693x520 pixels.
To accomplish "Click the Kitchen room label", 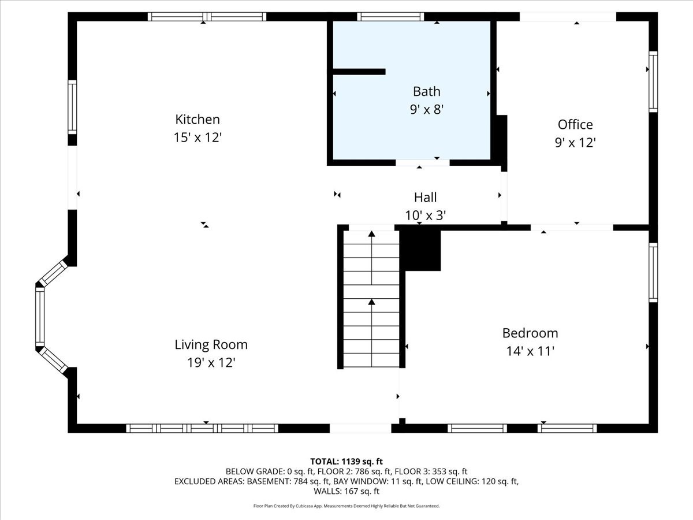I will (198, 120).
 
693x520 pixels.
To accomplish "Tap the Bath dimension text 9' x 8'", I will (426, 109).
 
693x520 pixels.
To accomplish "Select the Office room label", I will (575, 124).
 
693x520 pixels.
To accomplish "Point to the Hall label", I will (425, 197).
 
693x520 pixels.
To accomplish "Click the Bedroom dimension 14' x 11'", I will (530, 351).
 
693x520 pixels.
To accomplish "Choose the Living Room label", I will (211, 344).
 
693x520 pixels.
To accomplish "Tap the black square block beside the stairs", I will (421, 250).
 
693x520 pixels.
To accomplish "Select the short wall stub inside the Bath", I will (359, 72).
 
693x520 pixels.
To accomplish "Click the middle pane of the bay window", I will (40, 315).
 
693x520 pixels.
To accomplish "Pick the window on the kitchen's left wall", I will (72, 107).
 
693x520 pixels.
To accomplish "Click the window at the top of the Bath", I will (390, 17).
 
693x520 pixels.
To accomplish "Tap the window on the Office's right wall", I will (653, 81).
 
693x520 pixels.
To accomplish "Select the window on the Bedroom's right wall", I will (653, 272).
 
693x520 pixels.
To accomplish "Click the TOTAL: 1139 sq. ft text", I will (346, 461).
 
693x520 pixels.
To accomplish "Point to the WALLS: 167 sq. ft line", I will (346, 491).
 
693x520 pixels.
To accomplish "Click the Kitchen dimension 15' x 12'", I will (198, 138).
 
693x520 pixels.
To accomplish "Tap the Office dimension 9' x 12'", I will (575, 143).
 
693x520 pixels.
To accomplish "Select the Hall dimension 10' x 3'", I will (425, 215).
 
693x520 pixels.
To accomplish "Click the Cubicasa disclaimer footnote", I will (346, 506).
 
